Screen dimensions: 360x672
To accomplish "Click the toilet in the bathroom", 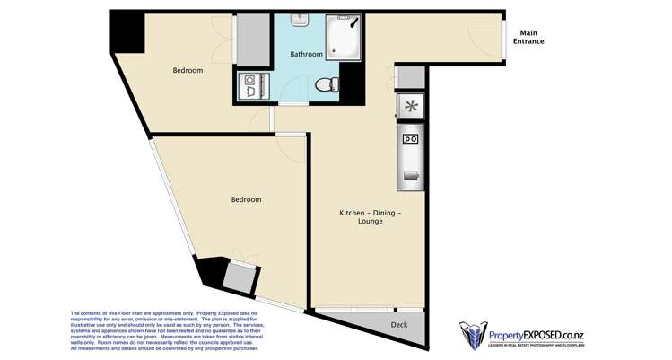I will [x=329, y=84].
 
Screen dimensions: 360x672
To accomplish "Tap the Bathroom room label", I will [x=306, y=54].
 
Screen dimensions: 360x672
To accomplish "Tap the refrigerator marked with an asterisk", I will [x=411, y=107].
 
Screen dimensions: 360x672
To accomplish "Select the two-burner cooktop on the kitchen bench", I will [x=412, y=139].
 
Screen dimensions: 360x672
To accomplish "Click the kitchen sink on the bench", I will [x=412, y=174].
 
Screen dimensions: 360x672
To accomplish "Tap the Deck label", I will [x=400, y=324].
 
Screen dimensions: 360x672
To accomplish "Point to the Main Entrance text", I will [x=528, y=37].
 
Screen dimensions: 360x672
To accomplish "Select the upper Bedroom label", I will [x=188, y=70].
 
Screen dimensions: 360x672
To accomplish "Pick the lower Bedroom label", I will [x=246, y=199].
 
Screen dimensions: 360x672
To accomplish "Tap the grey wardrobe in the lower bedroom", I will [x=239, y=277].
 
